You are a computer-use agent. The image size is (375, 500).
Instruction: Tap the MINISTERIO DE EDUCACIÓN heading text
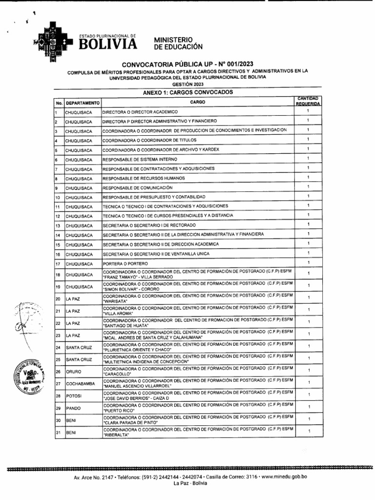178,43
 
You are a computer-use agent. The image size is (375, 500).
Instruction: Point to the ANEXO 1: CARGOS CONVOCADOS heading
188,92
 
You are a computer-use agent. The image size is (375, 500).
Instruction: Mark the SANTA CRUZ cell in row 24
79,348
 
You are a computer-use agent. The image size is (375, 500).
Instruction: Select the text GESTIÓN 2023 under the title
187,84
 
